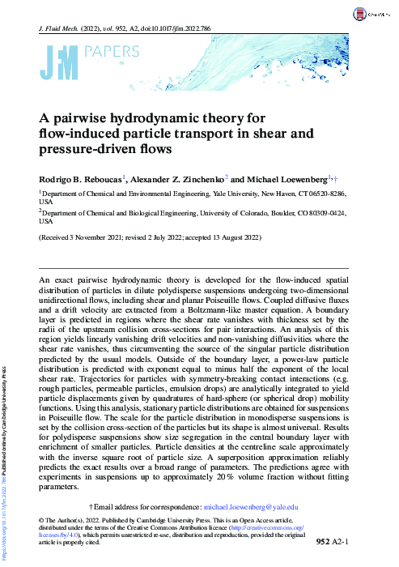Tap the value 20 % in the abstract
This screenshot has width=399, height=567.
pos(227,478)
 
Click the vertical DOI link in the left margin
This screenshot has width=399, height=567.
pos(6,518)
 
